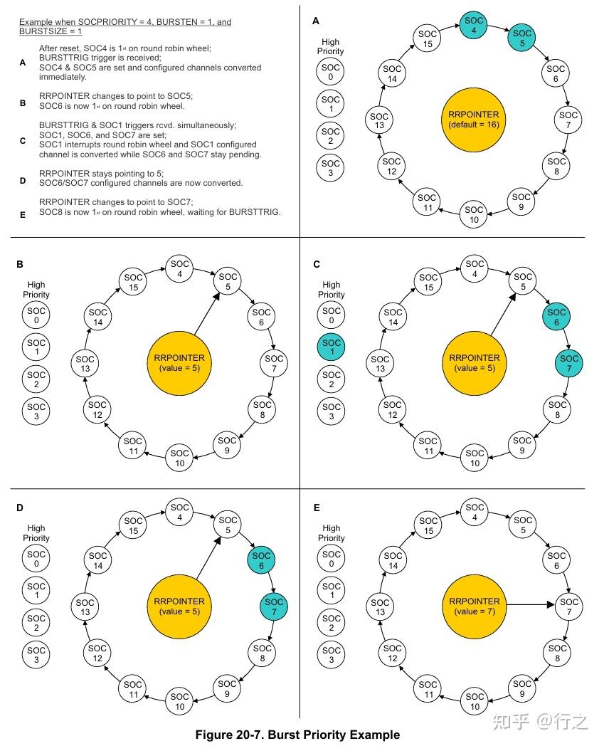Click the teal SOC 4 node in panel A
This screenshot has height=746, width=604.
pos(475,26)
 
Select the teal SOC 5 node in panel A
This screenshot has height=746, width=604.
pos(522,38)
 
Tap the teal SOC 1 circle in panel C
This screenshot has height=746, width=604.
pos(331,349)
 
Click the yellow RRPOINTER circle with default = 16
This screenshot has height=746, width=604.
pos(474,119)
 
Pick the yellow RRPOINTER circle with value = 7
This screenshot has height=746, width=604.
pos(474,606)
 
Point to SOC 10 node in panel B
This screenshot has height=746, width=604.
pos(179,458)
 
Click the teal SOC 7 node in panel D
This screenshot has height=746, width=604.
pos(273,607)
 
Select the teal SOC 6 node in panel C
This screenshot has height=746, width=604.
pos(556,317)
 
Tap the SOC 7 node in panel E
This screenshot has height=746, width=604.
pos(568,607)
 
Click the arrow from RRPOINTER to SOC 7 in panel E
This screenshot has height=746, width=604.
pos(529,606)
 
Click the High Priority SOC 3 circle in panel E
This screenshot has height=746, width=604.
pos(331,655)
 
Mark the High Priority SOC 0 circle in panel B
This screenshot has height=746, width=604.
pos(36,316)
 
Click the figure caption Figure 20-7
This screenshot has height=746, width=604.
pos(297,735)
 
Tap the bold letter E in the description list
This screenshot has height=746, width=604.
pos(23,212)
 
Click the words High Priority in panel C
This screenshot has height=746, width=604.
pos(331,290)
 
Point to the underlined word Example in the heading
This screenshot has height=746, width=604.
pos(37,22)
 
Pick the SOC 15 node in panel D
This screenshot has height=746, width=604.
pos(133,525)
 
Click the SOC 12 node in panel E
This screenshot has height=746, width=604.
pos(392,654)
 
